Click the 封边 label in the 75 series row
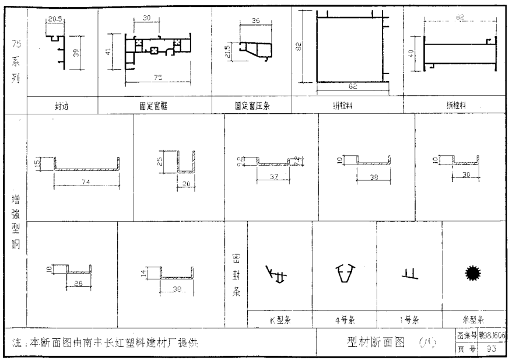(62, 105)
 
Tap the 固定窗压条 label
(252, 105)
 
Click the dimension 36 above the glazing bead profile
(255, 21)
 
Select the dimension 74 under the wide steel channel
(86, 182)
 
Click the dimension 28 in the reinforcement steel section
(78, 284)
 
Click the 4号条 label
(344, 320)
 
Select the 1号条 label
(409, 320)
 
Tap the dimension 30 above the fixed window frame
(147, 18)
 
